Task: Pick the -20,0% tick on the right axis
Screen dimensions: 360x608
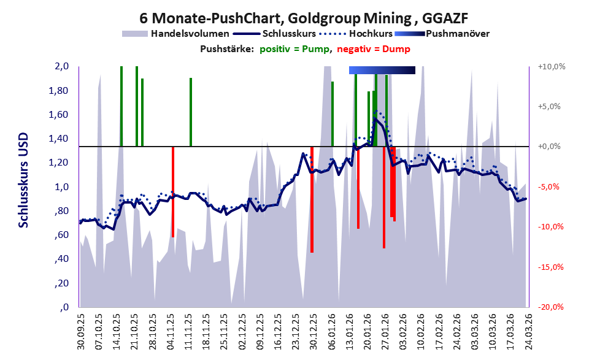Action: click(550, 307)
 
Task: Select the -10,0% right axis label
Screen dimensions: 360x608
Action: click(550, 227)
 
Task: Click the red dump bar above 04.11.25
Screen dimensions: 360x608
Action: click(173, 191)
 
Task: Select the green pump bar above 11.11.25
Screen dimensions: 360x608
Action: click(191, 112)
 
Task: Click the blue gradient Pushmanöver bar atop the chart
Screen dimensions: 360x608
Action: click(382, 70)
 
